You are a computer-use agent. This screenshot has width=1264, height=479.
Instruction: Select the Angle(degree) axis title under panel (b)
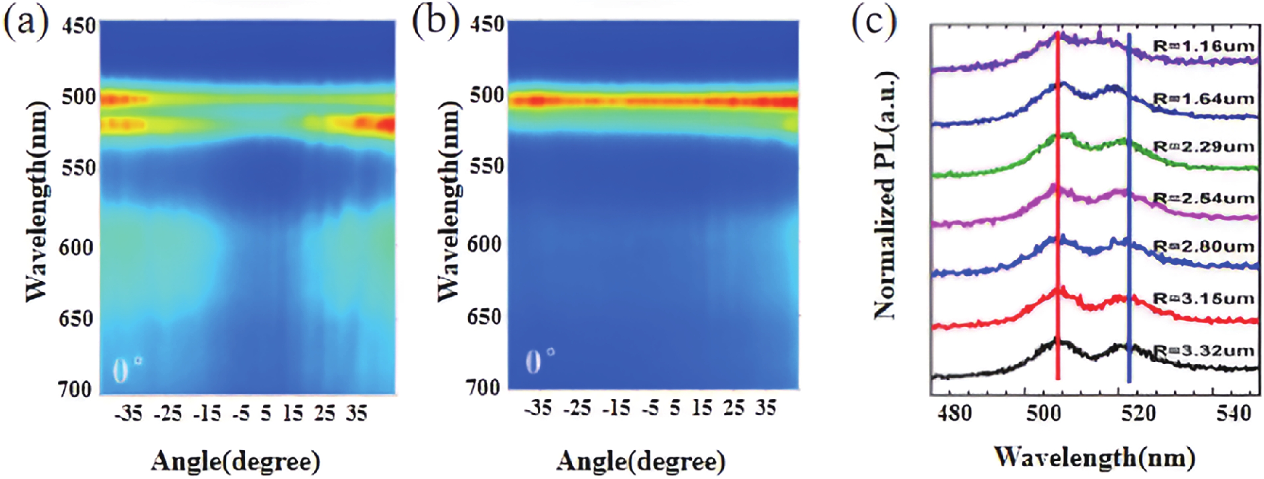tap(641, 462)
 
